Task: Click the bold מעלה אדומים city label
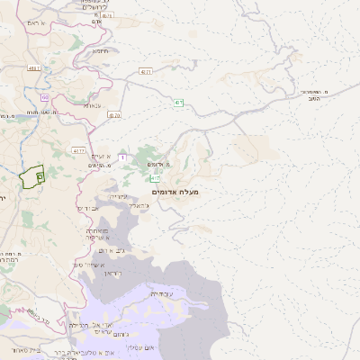pos(176,191)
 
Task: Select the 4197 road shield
pos(35,67)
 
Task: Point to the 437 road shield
pos(146,70)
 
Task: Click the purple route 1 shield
pos(121,157)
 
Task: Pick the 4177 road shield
pos(79,151)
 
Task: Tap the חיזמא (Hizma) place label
pos(99,51)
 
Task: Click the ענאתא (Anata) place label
pos(93,105)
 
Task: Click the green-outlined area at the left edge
pos(32,175)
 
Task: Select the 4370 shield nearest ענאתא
pos(114,115)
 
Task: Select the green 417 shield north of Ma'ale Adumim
pos(179,103)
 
